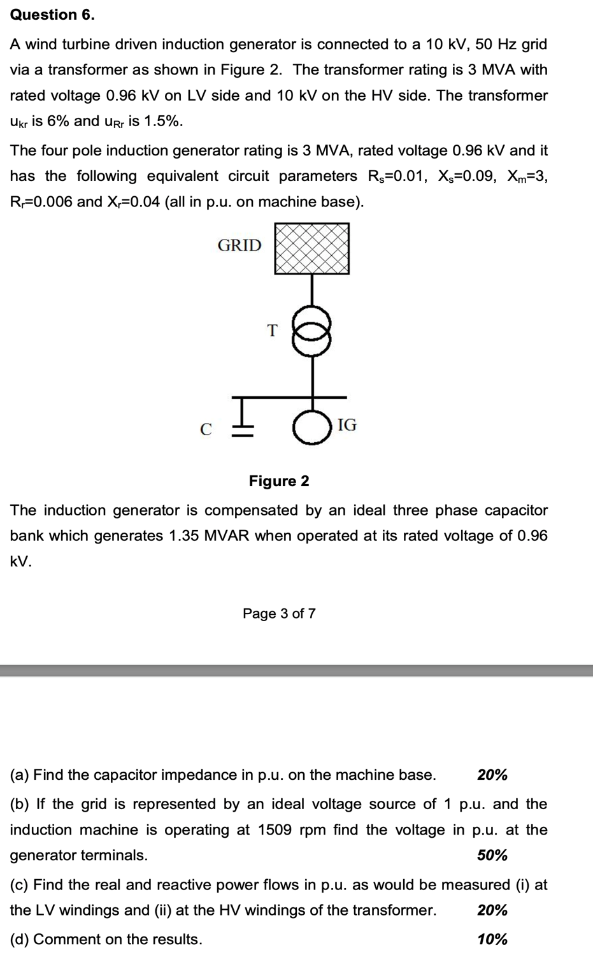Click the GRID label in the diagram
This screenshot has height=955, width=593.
239,245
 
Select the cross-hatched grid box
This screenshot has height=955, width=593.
311,248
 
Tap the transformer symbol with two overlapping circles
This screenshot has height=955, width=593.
311,333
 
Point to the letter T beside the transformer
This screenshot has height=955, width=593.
273,331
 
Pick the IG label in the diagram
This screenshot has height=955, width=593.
347,425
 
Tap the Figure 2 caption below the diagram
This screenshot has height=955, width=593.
279,481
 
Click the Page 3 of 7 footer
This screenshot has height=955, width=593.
279,614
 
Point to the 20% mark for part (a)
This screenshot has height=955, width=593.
492,775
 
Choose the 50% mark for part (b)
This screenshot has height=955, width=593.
492,856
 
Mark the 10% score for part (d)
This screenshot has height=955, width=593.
492,940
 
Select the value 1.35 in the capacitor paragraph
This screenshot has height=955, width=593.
183,536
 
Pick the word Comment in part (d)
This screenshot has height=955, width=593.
61,940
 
